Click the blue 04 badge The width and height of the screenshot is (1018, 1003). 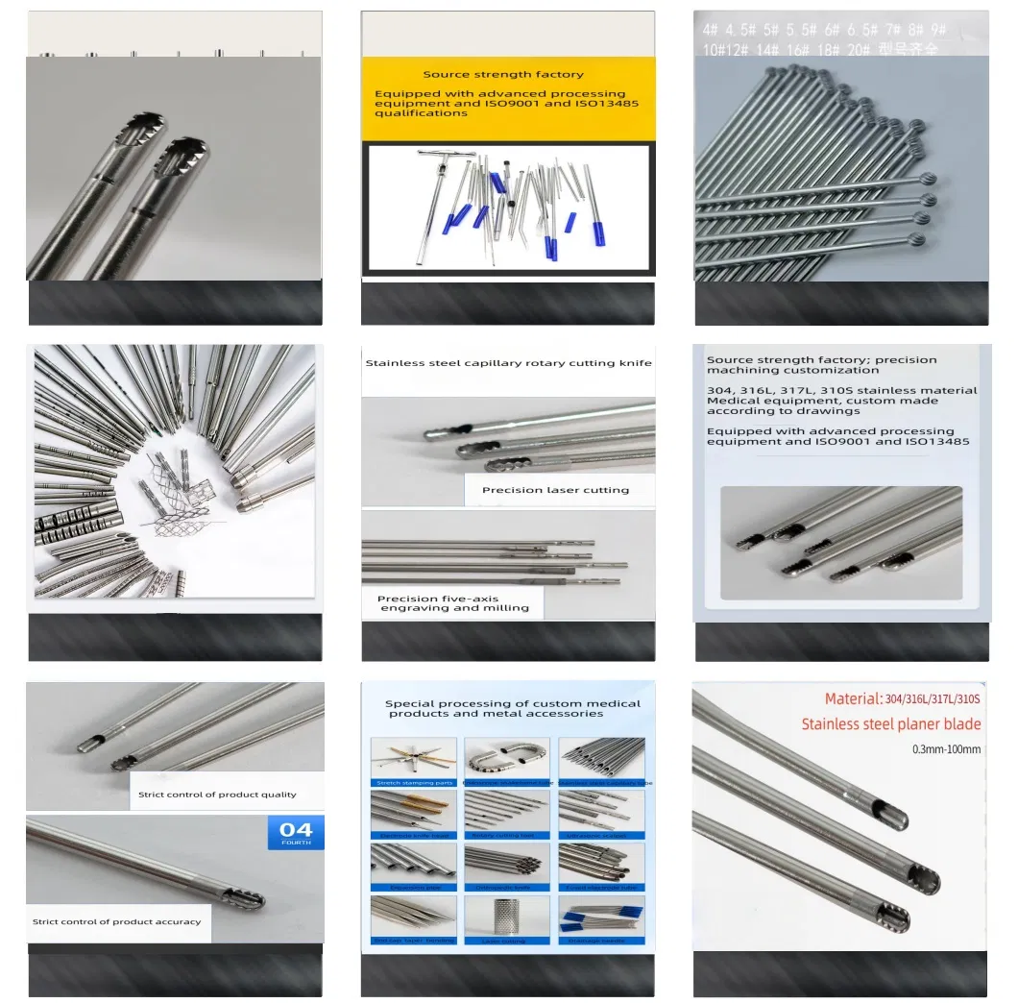(296, 832)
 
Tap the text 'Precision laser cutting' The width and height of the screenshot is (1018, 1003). (555, 490)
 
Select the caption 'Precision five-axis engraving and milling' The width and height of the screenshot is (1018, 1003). (453, 603)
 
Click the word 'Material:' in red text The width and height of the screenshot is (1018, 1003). (853, 698)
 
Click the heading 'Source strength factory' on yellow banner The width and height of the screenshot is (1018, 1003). (502, 74)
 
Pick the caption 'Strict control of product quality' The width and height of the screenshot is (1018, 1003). (217, 795)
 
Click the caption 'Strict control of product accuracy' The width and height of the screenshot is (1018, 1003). (116, 921)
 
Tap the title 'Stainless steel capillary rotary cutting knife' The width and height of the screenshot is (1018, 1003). (508, 363)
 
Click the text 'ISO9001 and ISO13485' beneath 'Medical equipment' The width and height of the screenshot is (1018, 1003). (837, 442)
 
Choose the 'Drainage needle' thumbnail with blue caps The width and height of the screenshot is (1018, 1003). (599, 919)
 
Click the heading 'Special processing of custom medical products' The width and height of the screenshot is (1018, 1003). (512, 708)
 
